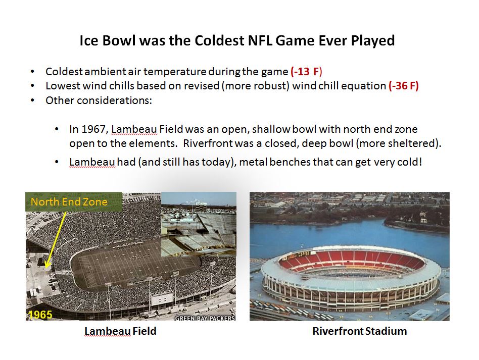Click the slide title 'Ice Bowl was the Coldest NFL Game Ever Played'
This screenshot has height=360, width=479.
[x=237, y=40]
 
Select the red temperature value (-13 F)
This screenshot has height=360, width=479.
[x=306, y=72]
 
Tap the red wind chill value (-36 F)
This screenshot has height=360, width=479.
[x=404, y=86]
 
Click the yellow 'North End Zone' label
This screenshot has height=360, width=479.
[x=69, y=202]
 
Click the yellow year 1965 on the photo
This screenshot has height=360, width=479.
[x=40, y=315]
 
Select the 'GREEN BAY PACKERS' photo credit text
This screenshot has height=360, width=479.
[x=205, y=318]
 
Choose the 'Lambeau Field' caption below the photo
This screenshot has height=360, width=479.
[x=120, y=331]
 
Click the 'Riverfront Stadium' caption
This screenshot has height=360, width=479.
[x=360, y=331]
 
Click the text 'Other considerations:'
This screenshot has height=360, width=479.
[x=99, y=100]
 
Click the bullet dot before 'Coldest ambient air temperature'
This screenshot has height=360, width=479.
[x=32, y=72]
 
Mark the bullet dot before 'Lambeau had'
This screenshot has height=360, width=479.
[x=57, y=162]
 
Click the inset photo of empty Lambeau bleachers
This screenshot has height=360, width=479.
[x=199, y=224]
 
